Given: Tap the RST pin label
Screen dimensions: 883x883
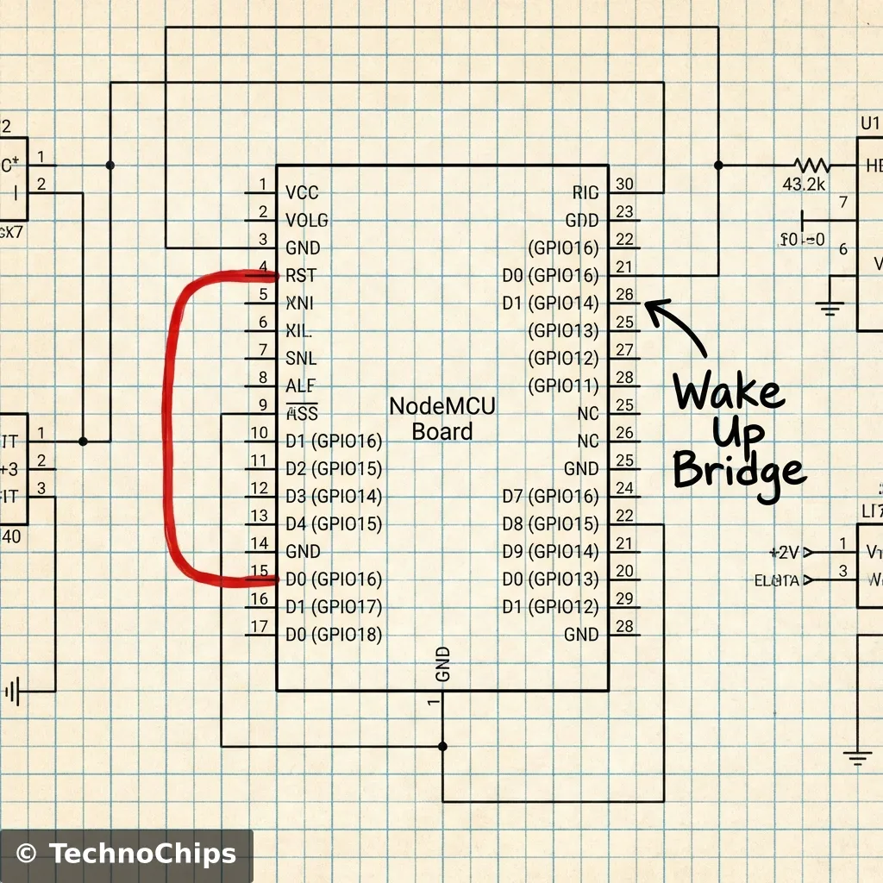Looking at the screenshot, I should [x=301, y=276].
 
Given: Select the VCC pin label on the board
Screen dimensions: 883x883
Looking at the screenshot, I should [x=302, y=192].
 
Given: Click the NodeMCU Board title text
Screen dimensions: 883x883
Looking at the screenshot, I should [x=442, y=418].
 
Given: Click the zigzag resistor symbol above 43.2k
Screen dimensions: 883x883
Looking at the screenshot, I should [x=811, y=165].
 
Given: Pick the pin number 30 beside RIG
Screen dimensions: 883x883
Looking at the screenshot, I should [x=625, y=184].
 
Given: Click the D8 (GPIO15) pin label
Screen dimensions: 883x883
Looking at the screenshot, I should [x=550, y=523].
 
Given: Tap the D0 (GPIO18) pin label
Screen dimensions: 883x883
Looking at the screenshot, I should [x=333, y=634].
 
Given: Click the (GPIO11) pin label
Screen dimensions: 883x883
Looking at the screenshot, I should [x=562, y=385].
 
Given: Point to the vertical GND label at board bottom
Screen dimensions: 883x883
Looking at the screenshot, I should [x=442, y=664].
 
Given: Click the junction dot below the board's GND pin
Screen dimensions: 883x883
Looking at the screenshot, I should [x=442, y=745].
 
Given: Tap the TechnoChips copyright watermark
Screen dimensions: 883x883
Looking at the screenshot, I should [x=126, y=855].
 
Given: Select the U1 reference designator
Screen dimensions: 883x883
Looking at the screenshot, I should [x=869, y=123].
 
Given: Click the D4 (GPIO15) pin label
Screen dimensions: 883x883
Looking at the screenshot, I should [x=333, y=523].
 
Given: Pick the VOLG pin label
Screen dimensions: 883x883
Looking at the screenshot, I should [x=306, y=220].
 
